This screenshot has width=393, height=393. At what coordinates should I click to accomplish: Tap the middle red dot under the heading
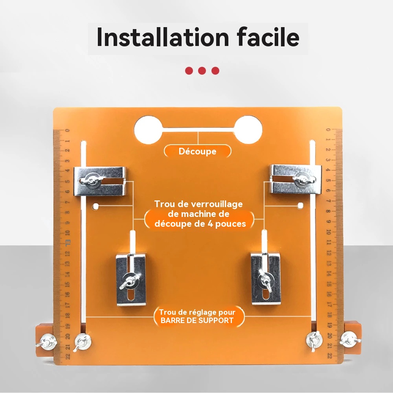pos(202,71)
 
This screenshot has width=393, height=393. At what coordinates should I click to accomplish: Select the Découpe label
pos(198,151)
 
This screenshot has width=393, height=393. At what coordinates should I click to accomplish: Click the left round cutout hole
pos(148,130)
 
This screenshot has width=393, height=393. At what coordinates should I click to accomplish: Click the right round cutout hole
pos(248,130)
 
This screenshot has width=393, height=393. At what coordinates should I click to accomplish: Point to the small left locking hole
pos(95,207)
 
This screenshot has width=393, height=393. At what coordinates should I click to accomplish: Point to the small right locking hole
pos(300,206)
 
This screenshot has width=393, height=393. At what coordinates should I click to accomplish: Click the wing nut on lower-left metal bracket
pos(130,281)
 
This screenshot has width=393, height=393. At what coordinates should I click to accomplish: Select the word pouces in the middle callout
pos(231,224)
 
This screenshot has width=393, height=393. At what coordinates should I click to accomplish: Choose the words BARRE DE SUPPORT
pos(197,320)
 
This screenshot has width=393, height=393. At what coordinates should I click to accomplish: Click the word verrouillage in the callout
pos(217,204)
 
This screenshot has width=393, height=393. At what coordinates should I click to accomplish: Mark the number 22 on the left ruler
pos(68,356)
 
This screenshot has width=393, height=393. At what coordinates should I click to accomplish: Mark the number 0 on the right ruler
pos(328,130)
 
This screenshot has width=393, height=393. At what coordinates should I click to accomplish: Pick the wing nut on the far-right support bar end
pos(350,339)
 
